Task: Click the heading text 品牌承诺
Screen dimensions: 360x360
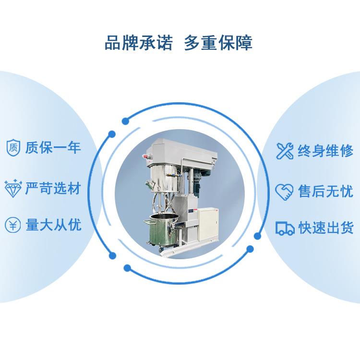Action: click(x=138, y=43)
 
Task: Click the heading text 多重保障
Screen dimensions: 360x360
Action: click(x=218, y=43)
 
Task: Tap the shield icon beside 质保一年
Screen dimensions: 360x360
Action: click(x=13, y=148)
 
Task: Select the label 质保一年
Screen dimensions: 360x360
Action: click(x=53, y=147)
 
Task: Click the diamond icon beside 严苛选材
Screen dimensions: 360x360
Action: click(x=13, y=188)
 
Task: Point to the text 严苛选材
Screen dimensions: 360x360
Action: click(x=53, y=188)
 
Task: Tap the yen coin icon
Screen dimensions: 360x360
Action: click(x=13, y=225)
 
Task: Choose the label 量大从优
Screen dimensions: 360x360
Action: click(x=53, y=225)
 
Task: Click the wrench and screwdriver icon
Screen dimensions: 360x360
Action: click(x=285, y=151)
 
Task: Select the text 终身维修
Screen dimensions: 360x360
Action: click(x=325, y=151)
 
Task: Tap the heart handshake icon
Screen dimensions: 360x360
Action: click(x=284, y=192)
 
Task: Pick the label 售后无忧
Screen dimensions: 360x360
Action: click(x=325, y=191)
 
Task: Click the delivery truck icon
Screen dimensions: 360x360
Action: click(x=285, y=228)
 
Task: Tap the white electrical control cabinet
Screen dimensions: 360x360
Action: click(x=208, y=224)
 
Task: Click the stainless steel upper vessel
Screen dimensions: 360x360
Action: click(x=164, y=178)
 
